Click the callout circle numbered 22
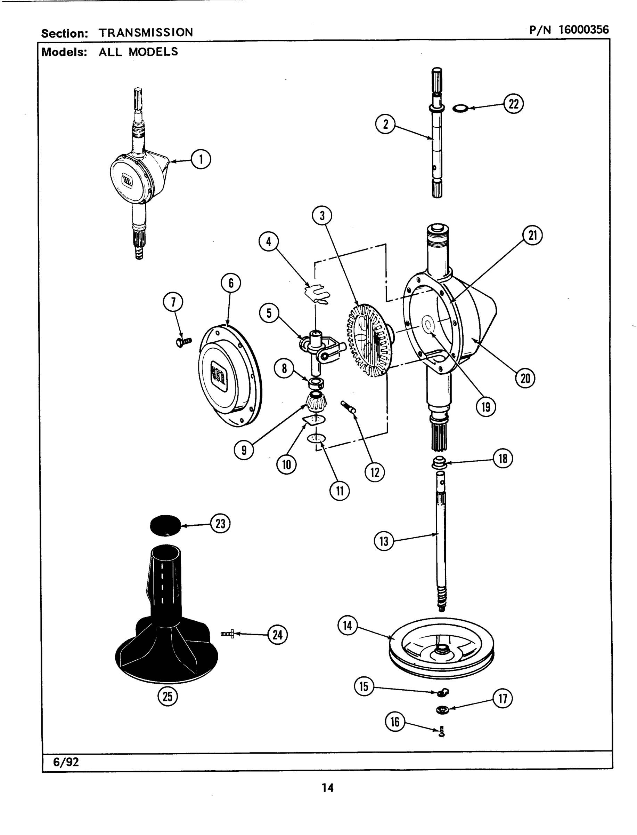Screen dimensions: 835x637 (513, 104)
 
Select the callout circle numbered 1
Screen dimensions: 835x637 (201, 159)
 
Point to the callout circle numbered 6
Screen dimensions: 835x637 (231, 283)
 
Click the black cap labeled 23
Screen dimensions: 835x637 (165, 525)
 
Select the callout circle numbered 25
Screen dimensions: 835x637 (167, 697)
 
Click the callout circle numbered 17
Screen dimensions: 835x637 (503, 698)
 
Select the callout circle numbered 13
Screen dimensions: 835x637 (384, 541)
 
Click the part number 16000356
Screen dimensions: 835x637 (583, 30)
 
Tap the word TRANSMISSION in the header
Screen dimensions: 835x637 (146, 32)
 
